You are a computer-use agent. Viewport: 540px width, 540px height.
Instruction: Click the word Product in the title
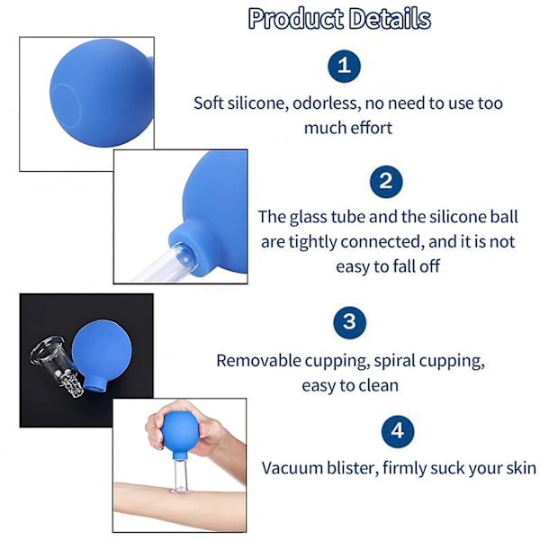(296, 19)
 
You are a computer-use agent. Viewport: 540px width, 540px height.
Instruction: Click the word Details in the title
(390, 18)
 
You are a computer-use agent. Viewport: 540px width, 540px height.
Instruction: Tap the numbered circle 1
(344, 66)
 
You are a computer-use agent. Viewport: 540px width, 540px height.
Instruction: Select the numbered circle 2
(386, 182)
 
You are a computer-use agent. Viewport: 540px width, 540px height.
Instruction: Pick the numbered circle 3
(349, 322)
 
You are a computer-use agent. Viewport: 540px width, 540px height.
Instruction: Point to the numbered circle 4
(398, 431)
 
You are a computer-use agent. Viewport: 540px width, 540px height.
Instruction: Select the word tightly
(312, 242)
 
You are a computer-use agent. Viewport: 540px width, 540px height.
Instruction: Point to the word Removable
(258, 361)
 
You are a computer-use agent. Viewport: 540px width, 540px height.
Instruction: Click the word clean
(379, 385)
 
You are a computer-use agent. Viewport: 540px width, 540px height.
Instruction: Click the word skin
(521, 468)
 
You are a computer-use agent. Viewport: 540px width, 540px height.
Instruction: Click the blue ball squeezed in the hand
(180, 434)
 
